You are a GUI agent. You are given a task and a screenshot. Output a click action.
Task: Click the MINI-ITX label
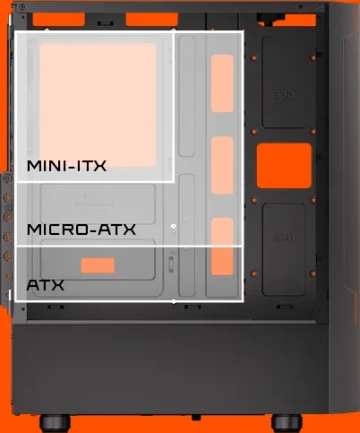(x=66, y=166)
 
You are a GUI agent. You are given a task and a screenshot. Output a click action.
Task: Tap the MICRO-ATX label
(x=81, y=229)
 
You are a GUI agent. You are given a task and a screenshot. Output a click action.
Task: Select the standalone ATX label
(x=46, y=285)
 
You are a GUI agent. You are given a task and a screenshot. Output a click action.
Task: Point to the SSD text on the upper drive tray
(x=284, y=95)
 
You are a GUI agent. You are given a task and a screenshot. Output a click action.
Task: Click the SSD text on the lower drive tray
(x=284, y=238)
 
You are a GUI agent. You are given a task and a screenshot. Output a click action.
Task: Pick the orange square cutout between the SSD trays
(x=284, y=166)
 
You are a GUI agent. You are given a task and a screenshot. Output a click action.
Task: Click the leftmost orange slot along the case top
(x=59, y=20)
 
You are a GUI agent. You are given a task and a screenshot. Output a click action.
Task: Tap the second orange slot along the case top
(x=152, y=20)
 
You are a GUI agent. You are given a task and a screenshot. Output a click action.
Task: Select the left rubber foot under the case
(x=55, y=423)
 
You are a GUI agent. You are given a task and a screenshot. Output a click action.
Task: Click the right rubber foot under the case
(x=287, y=423)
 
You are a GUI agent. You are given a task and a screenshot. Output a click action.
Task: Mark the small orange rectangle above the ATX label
(x=98, y=265)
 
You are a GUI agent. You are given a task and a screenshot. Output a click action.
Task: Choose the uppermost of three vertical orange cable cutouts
(x=222, y=83)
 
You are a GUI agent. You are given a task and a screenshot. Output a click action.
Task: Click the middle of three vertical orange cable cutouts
(x=222, y=165)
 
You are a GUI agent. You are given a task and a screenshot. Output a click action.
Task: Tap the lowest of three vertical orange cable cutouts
(x=222, y=247)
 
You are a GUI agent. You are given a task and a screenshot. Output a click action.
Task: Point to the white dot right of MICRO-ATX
(x=174, y=226)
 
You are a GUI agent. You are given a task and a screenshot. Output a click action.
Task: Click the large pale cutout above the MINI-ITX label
(x=98, y=105)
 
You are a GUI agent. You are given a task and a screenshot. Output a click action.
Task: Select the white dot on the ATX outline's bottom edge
(x=174, y=302)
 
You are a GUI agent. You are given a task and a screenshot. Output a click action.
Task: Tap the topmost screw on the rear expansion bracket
(x=8, y=178)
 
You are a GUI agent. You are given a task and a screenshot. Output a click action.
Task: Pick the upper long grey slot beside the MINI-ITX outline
(x=187, y=96)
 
